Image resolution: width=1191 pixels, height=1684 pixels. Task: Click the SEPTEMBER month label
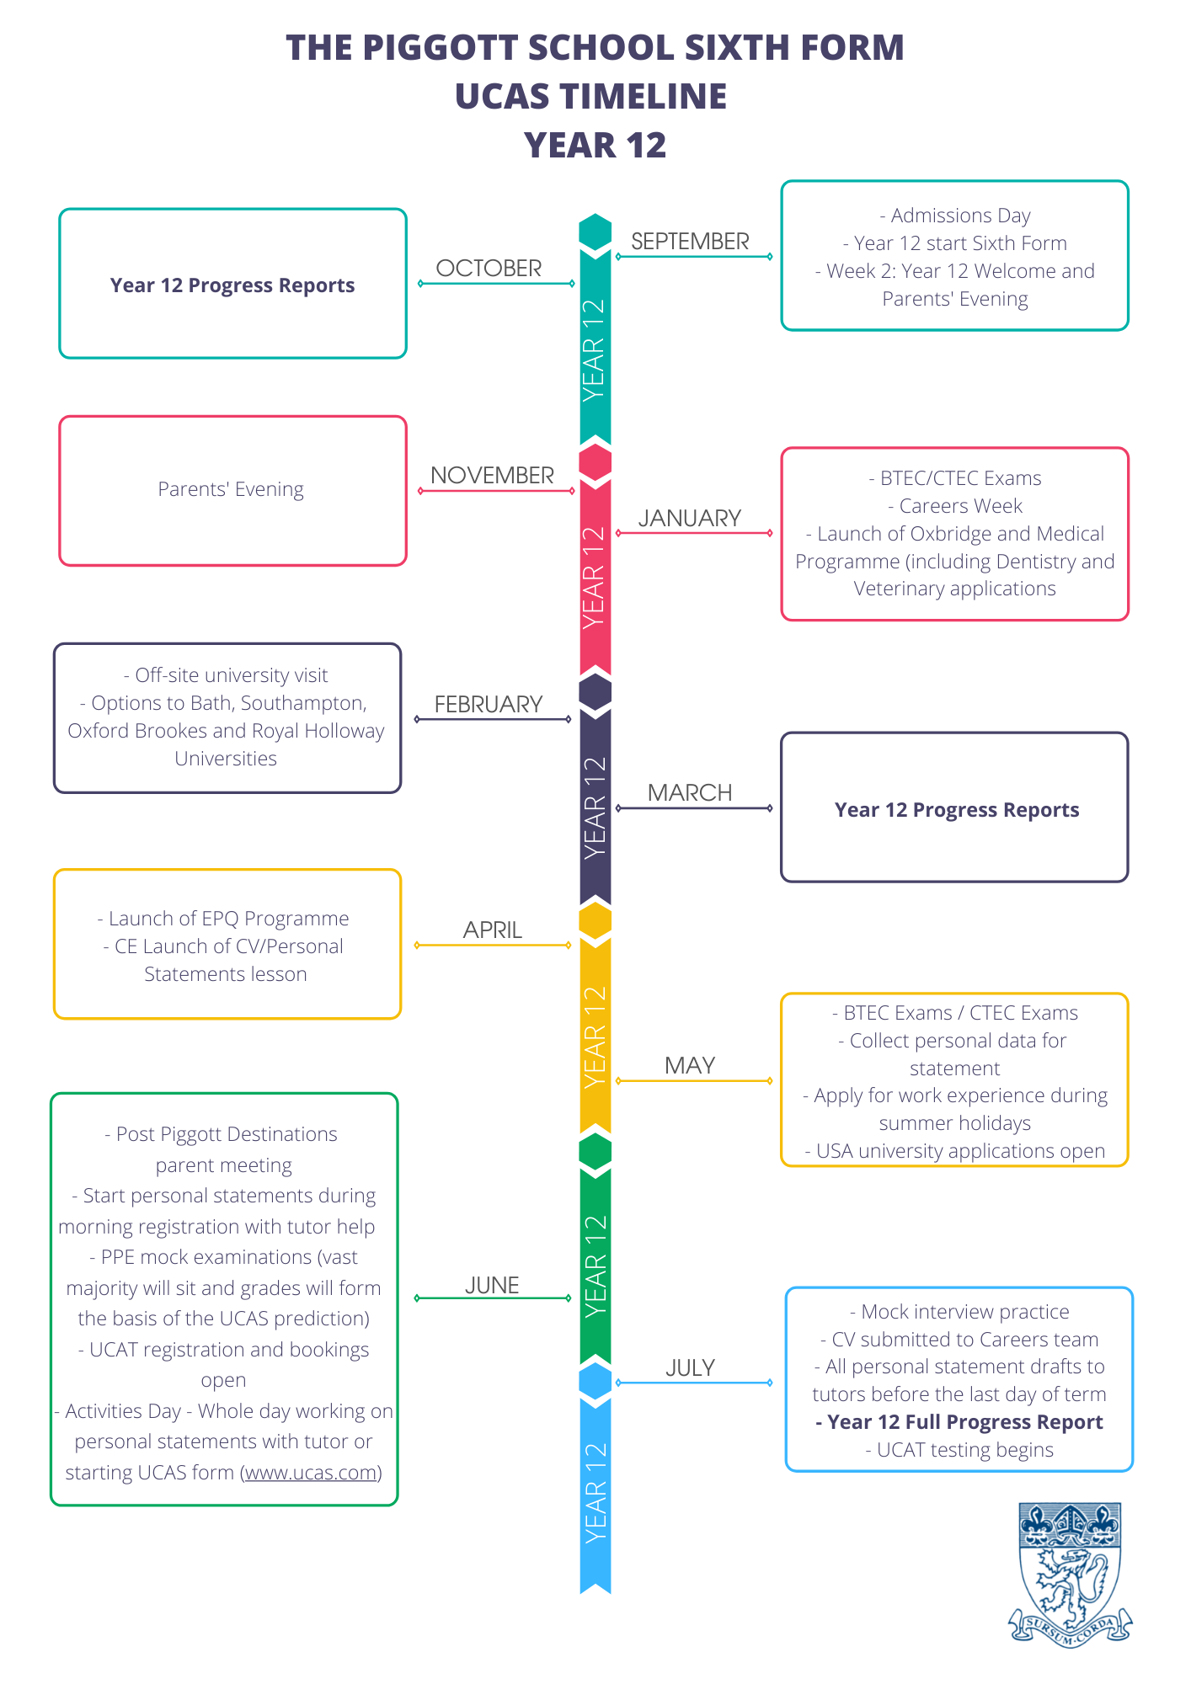point(690,242)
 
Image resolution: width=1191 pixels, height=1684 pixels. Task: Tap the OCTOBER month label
point(489,269)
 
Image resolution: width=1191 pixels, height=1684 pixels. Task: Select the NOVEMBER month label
point(492,476)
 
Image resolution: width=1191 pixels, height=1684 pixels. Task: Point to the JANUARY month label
point(690,519)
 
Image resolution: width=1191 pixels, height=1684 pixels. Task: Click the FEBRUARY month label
point(489,705)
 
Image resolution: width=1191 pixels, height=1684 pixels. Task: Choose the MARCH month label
point(690,793)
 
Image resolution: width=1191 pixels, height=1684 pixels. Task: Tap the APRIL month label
point(493,930)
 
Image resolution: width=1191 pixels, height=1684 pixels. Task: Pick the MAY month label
point(690,1066)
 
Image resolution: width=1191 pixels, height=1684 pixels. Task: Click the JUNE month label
point(492,1286)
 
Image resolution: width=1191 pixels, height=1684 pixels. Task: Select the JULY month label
point(690,1368)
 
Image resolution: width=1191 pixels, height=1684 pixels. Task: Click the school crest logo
point(1070,1574)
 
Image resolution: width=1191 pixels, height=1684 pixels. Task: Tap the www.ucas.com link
point(311,1473)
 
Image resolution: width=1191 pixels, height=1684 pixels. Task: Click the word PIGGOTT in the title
point(438,48)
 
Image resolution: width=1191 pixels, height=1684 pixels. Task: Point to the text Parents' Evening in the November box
point(231,489)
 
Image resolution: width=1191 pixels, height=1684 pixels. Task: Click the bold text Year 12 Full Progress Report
point(959,1422)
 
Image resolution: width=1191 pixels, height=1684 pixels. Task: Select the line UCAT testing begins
point(959,1450)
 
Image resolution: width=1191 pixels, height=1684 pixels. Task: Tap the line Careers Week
point(955,506)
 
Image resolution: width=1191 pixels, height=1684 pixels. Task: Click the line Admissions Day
point(955,216)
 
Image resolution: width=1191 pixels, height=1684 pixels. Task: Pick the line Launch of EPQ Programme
point(223,919)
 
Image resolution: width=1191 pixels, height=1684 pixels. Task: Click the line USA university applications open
point(955,1151)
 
